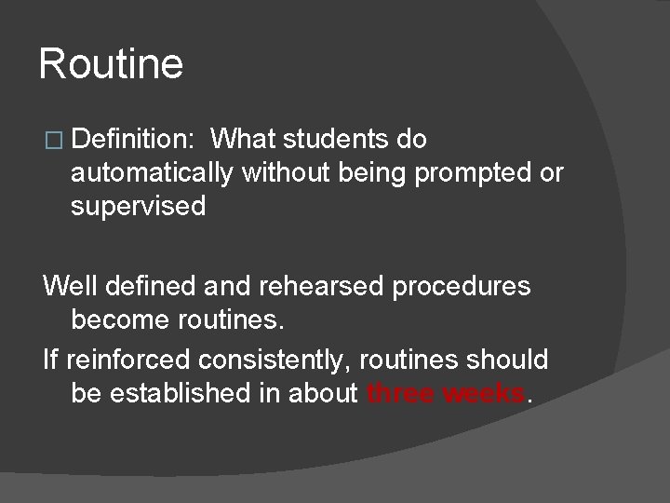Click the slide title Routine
[x=112, y=65]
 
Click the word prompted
[x=472, y=174]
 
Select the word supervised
[x=138, y=207]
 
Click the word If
[x=49, y=359]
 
